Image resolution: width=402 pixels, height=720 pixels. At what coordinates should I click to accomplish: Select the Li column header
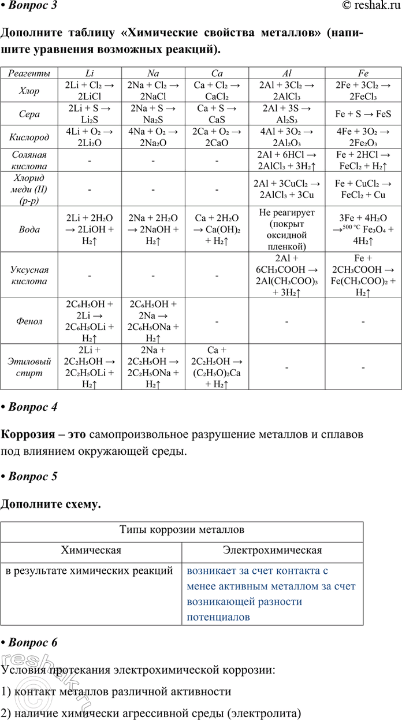click(x=90, y=73)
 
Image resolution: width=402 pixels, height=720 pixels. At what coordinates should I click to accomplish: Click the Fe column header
click(x=363, y=73)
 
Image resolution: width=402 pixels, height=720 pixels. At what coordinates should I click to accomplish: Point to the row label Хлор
click(x=29, y=90)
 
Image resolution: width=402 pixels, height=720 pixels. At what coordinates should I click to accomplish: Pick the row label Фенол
click(x=29, y=321)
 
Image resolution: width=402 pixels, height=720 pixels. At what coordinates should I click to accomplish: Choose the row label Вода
click(x=29, y=229)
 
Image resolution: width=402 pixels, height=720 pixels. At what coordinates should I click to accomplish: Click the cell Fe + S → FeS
click(x=363, y=114)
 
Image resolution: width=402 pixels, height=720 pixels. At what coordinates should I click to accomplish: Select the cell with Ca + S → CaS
click(x=217, y=114)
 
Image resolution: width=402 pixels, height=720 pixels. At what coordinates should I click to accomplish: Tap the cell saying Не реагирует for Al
click(x=288, y=229)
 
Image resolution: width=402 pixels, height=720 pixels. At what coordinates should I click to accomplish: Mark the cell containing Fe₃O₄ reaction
click(x=363, y=229)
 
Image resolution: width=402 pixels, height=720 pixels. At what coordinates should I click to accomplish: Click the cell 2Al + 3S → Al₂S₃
click(x=288, y=114)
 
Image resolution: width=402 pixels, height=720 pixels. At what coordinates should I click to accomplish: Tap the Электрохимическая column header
click(x=273, y=550)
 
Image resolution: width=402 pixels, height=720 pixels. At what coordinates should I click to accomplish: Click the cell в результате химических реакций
click(x=90, y=571)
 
